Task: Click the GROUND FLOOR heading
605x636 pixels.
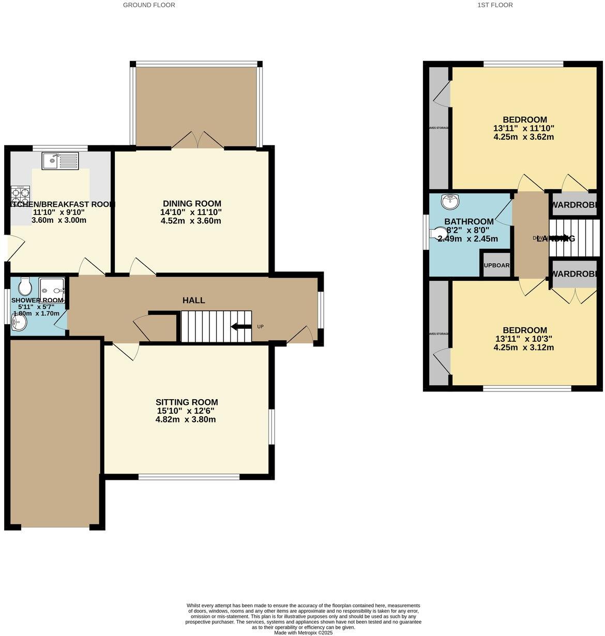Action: pos(149,5)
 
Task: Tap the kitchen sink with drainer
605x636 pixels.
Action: pos(61,161)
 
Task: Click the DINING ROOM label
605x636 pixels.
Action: pos(192,204)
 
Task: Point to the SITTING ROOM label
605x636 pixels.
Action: pos(187,402)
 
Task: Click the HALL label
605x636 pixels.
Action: pos(193,300)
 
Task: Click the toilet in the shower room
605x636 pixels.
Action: pos(25,286)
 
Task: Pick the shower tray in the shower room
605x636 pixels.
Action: pos(52,287)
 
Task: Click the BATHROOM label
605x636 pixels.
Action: pos(469,222)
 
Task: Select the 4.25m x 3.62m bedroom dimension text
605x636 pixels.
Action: pos(523,137)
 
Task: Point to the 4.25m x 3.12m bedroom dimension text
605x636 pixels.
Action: pos(523,347)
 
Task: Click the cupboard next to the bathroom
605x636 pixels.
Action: pos(496,265)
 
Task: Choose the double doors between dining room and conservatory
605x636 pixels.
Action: pos(198,141)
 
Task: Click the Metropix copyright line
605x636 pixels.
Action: pos(303,632)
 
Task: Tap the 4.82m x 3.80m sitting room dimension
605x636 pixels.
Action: pos(186,419)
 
